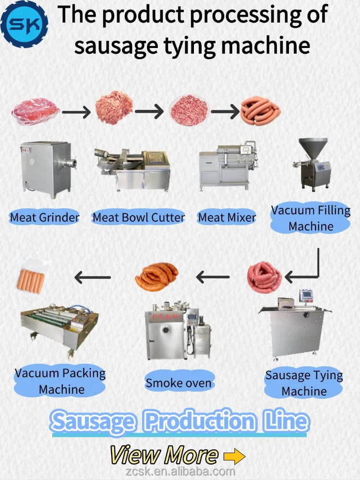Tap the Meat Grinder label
45,217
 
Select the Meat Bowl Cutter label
138,217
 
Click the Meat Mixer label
227,217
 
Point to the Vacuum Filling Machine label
311,218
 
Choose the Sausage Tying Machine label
304,383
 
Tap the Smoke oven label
179,383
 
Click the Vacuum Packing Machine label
60,381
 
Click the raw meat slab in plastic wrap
36,112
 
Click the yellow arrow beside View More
234,456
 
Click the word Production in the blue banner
200,422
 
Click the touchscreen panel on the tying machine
306,296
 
